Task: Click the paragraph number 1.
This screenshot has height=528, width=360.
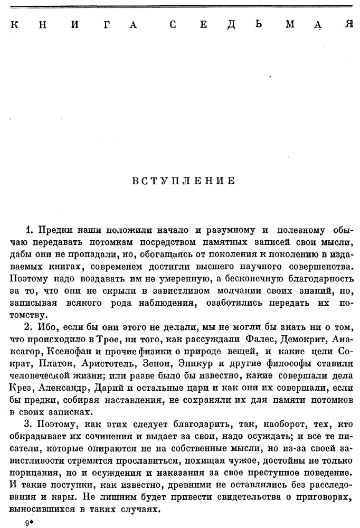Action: tap(30, 231)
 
